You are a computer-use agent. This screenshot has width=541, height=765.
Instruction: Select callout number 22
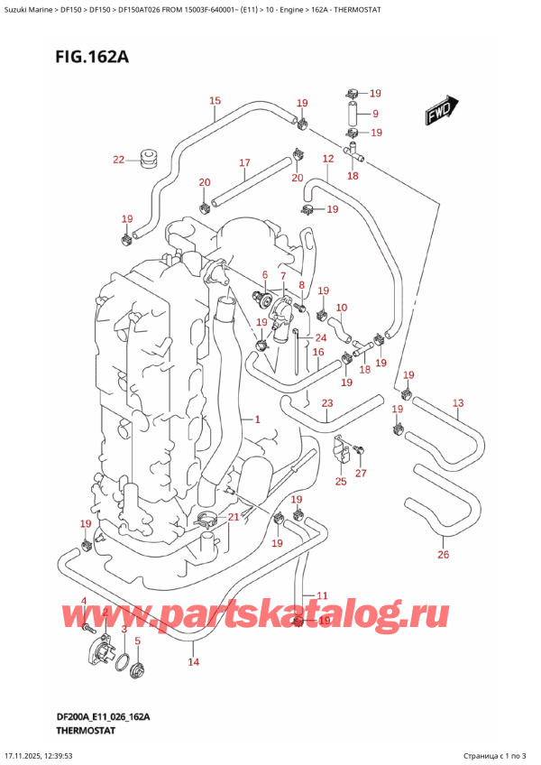point(118,161)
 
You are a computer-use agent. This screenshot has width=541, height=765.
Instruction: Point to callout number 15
point(215,101)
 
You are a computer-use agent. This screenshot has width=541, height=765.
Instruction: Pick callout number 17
point(243,163)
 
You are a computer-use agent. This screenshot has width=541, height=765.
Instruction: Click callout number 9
point(375,115)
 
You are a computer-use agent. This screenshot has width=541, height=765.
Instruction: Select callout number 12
point(328,159)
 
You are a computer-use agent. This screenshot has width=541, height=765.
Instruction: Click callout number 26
point(443,554)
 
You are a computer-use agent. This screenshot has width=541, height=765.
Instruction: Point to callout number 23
point(326,403)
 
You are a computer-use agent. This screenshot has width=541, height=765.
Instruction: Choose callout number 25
point(341,482)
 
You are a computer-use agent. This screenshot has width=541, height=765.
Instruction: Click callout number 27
point(362,473)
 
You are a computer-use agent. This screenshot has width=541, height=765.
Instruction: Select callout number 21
point(234,516)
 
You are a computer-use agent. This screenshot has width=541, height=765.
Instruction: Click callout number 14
point(192,663)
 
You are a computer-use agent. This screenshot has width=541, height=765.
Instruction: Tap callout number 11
point(321,594)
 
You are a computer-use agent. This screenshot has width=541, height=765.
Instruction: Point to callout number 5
point(137,641)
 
